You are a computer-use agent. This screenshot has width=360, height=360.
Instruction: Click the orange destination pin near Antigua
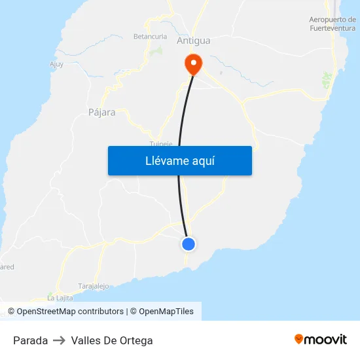(x=193, y=63)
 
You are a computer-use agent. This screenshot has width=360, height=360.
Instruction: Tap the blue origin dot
(x=189, y=244)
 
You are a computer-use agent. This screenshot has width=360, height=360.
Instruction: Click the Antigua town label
(x=194, y=41)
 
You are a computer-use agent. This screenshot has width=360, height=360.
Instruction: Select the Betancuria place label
(x=150, y=37)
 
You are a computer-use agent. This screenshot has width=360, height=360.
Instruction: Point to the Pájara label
(x=101, y=113)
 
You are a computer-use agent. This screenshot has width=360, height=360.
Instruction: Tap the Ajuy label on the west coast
(x=56, y=64)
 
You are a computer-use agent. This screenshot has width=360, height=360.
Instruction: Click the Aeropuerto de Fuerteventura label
(x=333, y=24)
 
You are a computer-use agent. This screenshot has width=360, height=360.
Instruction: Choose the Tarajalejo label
(x=94, y=286)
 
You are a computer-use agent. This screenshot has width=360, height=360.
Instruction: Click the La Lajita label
(x=60, y=298)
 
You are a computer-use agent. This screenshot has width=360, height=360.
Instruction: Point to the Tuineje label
(x=160, y=143)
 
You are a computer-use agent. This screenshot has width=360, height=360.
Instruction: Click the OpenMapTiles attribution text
(x=166, y=312)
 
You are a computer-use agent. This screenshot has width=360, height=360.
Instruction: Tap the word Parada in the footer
(x=30, y=340)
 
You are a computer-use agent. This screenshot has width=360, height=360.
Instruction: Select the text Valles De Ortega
(x=112, y=340)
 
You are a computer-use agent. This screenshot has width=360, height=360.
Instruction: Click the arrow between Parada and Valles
(x=60, y=340)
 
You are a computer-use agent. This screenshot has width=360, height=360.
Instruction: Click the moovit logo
(x=321, y=339)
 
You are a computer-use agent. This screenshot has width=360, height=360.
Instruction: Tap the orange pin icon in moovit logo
(x=299, y=339)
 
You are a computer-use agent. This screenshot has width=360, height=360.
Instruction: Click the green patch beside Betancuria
(x=157, y=50)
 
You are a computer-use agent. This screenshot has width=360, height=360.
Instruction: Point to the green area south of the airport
(x=327, y=81)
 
